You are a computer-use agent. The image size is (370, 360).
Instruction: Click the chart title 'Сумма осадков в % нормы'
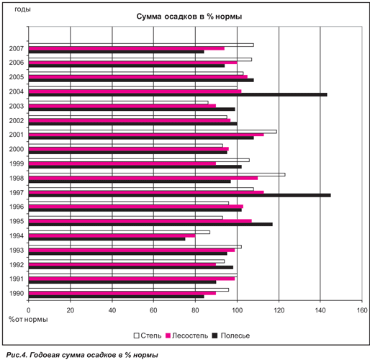[189, 17]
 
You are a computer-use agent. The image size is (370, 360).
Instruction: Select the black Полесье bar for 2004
[178, 95]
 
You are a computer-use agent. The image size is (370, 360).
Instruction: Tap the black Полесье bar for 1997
[180, 195]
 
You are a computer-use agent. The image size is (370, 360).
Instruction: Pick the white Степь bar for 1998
[157, 175]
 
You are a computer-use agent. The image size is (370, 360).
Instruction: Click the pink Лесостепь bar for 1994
[112, 235]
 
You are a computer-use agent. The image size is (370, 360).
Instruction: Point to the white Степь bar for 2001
[153, 132]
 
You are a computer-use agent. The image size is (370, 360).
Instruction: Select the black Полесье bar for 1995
[150, 225]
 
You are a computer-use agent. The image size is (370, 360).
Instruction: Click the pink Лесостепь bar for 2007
[127, 48]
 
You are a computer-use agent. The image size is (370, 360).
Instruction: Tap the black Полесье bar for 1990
[117, 297]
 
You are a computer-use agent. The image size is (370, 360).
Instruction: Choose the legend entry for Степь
[148, 336]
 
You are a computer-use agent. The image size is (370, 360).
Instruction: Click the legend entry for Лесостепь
[187, 336]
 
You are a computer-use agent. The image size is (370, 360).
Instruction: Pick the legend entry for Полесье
[231, 336]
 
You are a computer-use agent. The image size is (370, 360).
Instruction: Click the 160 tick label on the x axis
[362, 310]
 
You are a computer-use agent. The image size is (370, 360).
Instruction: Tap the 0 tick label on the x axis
[29, 310]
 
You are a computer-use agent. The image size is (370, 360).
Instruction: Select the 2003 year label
[17, 106]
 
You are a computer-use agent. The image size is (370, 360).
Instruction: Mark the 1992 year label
[17, 265]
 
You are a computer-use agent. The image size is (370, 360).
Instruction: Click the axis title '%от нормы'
[28, 320]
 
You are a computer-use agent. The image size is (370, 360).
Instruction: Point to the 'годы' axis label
[22, 9]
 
